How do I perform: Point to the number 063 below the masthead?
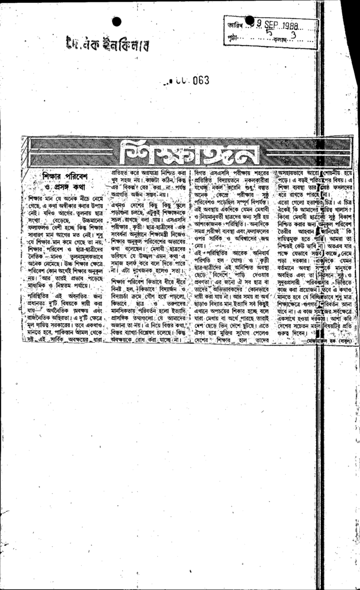point(197,81)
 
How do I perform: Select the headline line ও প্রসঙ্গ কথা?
point(65,187)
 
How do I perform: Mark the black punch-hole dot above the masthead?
point(116,21)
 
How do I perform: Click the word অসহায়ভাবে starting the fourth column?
point(297,172)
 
